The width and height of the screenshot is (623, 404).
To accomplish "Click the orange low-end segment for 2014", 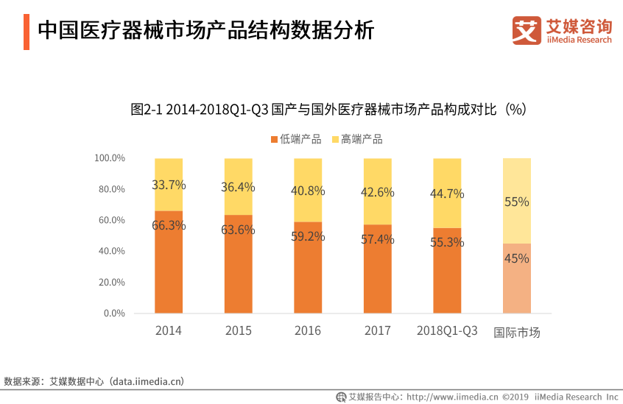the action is click(169, 262).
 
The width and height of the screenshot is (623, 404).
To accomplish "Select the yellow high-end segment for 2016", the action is click(308, 190).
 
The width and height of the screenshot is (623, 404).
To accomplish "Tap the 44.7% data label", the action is click(447, 194).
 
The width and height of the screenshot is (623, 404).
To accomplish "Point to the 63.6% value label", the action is click(238, 230).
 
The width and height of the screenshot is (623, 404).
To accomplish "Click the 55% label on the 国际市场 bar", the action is click(516, 202).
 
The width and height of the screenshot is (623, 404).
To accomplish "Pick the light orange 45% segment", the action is click(517, 278).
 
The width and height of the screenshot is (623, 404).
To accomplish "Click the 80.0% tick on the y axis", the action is click(112, 189).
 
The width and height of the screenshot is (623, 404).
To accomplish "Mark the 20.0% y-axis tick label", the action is click(112, 282).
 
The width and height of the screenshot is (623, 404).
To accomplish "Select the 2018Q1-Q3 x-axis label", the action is click(447, 330).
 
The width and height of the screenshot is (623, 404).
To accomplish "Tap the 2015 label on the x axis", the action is click(239, 330).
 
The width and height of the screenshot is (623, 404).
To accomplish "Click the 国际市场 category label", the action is click(517, 332).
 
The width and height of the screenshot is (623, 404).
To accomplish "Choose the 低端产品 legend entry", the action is click(296, 139).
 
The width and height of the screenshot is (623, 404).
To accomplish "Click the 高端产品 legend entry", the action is click(357, 139).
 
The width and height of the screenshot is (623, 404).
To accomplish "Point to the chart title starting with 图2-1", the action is click(328, 109).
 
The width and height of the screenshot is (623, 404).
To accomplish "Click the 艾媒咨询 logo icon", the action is click(527, 30).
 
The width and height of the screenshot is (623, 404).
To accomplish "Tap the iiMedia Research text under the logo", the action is click(579, 40).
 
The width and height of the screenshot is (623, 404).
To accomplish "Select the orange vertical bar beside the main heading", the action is click(27, 32).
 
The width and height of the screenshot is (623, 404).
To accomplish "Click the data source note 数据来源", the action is click(94, 381).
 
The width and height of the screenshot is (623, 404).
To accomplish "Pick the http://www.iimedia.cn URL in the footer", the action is click(452, 397).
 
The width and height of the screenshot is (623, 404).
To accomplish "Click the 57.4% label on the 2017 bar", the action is click(378, 239).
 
